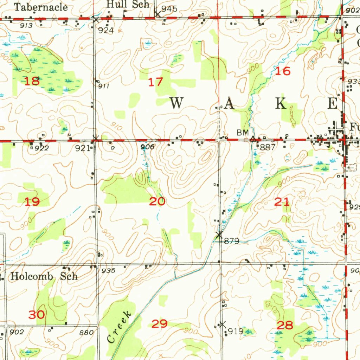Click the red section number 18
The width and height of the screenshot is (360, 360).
32,82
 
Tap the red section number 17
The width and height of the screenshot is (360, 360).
155,82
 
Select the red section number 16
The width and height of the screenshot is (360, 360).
283,71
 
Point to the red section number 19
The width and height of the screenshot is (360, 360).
32,202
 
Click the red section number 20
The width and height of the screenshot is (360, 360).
157,201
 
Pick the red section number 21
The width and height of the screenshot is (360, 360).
282,201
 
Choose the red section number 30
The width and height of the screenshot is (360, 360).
37,315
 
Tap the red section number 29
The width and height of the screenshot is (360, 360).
159,324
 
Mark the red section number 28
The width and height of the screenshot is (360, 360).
285,325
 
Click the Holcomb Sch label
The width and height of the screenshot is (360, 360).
44,276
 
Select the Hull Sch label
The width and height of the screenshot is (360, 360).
128,5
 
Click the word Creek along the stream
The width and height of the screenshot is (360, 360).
120,327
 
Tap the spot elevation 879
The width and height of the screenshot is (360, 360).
232,241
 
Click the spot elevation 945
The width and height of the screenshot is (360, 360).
169,9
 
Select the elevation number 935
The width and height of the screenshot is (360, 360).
108,271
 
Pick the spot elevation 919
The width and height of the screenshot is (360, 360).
235,331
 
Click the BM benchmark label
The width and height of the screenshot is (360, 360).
243,133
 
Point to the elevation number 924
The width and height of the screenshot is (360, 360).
105,31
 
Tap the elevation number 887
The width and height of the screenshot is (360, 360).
268,147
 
